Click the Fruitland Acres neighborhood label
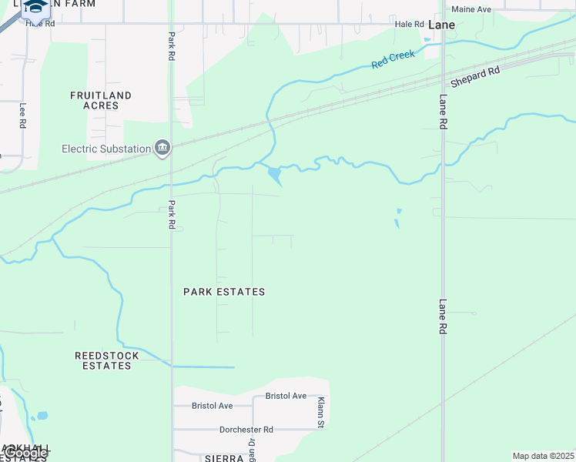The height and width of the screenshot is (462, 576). (101, 100)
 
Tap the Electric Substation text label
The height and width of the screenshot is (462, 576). (106, 149)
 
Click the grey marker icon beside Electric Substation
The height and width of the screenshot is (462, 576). (162, 148)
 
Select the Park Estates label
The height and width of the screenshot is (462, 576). (224, 292)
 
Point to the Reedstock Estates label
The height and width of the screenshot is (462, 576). (107, 360)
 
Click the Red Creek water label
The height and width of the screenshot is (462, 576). (393, 59)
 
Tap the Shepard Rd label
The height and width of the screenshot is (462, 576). (475, 76)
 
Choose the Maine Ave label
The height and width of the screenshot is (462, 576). (471, 9)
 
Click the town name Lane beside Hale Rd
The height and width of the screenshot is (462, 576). (441, 25)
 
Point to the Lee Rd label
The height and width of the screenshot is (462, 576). (22, 115)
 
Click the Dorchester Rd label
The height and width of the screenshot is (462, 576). (246, 430)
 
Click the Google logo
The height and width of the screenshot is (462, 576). (25, 453)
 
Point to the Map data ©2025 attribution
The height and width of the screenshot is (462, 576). (544, 456)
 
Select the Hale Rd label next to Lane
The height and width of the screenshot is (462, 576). (410, 24)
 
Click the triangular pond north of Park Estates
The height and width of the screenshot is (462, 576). (274, 176)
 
